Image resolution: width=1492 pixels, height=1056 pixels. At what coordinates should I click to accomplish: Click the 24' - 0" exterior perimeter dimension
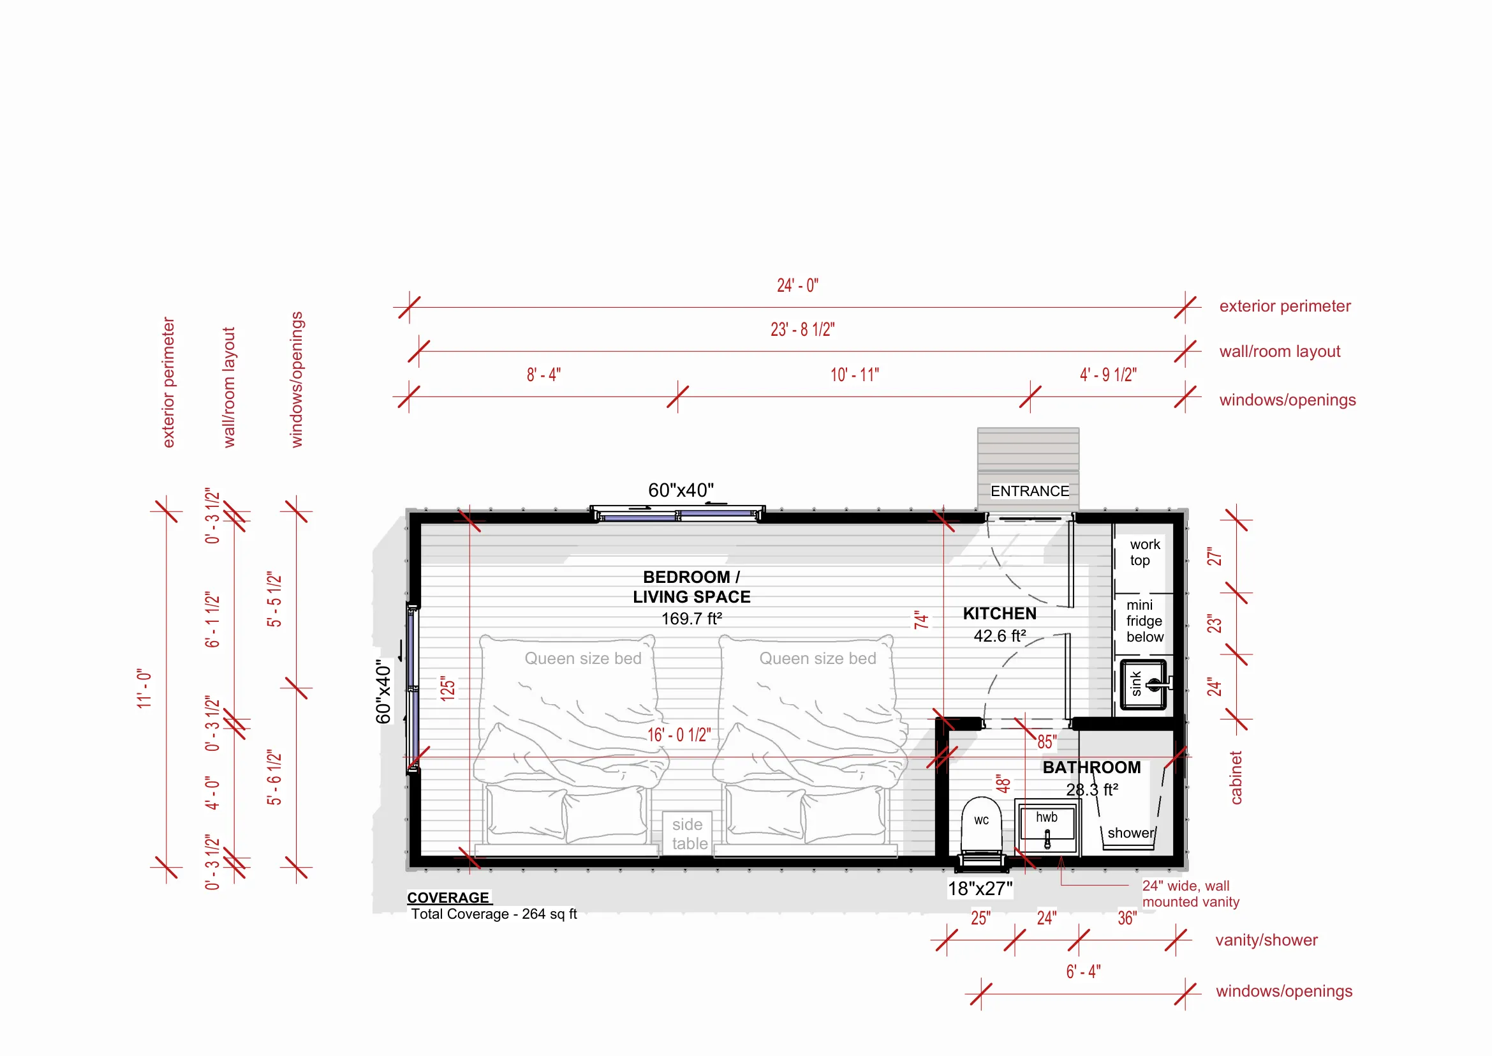point(797,285)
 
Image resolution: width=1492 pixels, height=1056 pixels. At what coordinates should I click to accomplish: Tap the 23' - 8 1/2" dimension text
point(802,329)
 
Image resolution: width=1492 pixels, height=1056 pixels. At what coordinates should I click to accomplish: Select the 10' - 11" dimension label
point(855,375)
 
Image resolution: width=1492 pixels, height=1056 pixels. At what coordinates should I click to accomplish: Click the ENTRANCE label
point(1030,491)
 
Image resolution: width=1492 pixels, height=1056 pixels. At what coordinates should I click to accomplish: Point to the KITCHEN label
point(1000,614)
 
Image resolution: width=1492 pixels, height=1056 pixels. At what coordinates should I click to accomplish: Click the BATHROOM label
point(1091,767)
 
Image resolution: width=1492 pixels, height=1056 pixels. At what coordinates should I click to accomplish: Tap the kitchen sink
point(1143,684)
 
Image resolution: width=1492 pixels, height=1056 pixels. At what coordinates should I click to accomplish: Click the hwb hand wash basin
point(1047,829)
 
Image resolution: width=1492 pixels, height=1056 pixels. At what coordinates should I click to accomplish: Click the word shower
point(1131,833)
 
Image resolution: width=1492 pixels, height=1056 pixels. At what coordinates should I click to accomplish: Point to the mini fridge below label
point(1144,621)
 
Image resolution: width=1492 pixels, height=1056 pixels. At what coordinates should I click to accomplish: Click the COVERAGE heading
point(448,897)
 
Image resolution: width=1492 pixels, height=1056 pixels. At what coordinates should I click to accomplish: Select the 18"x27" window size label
point(980,888)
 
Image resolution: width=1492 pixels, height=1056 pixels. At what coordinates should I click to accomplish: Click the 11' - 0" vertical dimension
point(144,688)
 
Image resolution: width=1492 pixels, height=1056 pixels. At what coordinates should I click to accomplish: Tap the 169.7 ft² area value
point(691,619)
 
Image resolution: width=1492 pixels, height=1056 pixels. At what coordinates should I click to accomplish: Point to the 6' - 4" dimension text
point(1083,972)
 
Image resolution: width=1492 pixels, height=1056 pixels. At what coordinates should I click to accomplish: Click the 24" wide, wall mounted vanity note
point(1190,893)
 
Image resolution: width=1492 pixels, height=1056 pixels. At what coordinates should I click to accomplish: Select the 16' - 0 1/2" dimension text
point(679,735)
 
